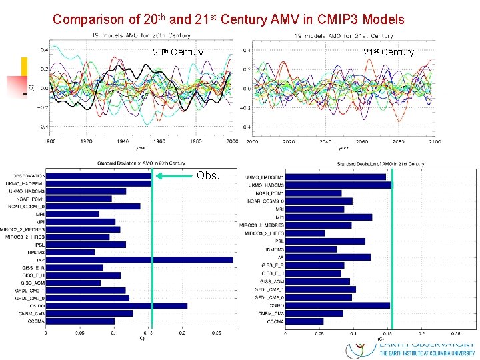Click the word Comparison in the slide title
tap(84, 19)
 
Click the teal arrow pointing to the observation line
tap(173, 177)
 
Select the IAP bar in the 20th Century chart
tap(139, 259)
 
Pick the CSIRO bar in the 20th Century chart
tap(116, 305)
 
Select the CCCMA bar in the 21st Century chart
tap(305, 321)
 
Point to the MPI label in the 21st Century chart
tap(280, 217)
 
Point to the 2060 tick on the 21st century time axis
tap(361, 142)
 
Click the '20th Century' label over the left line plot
tap(178, 52)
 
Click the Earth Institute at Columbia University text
tap(427, 353)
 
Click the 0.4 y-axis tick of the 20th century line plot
tap(43, 49)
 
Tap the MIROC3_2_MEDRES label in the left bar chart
tap(26, 229)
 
